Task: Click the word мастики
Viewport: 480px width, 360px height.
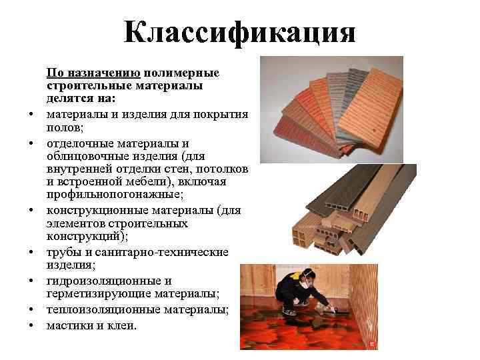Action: (68, 325)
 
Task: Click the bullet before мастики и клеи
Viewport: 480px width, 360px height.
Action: (31, 326)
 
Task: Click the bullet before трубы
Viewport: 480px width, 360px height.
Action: (31, 253)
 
